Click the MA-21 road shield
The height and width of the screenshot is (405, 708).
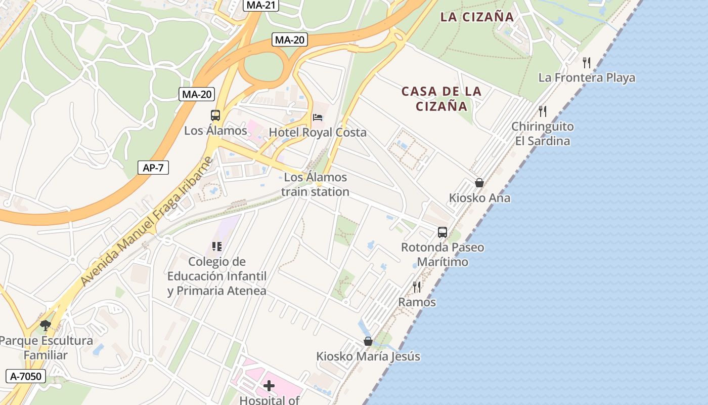coord(261,5)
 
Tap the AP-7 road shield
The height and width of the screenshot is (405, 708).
coord(153,168)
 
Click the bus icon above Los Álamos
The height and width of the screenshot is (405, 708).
coord(215,115)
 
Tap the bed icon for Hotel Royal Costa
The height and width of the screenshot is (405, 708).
coord(318,117)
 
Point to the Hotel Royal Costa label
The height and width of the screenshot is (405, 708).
coord(318,133)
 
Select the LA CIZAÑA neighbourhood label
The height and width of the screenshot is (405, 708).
coord(477,17)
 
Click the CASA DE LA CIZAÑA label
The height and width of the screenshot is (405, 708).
coord(441,99)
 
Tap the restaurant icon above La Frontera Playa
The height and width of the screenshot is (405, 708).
coord(587,63)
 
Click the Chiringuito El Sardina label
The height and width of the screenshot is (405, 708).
coord(542,133)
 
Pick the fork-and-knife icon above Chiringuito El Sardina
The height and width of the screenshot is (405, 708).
coord(543,111)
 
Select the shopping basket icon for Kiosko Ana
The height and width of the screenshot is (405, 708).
coord(479,183)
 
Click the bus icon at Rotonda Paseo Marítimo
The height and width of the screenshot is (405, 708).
coord(442,232)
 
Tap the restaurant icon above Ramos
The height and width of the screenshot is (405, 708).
coord(417,287)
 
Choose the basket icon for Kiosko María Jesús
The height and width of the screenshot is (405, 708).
coord(368,341)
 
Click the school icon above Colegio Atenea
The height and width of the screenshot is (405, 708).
coord(217,247)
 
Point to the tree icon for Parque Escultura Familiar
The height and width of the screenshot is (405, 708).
coord(46,326)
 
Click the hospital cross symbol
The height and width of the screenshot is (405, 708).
coord(269,386)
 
